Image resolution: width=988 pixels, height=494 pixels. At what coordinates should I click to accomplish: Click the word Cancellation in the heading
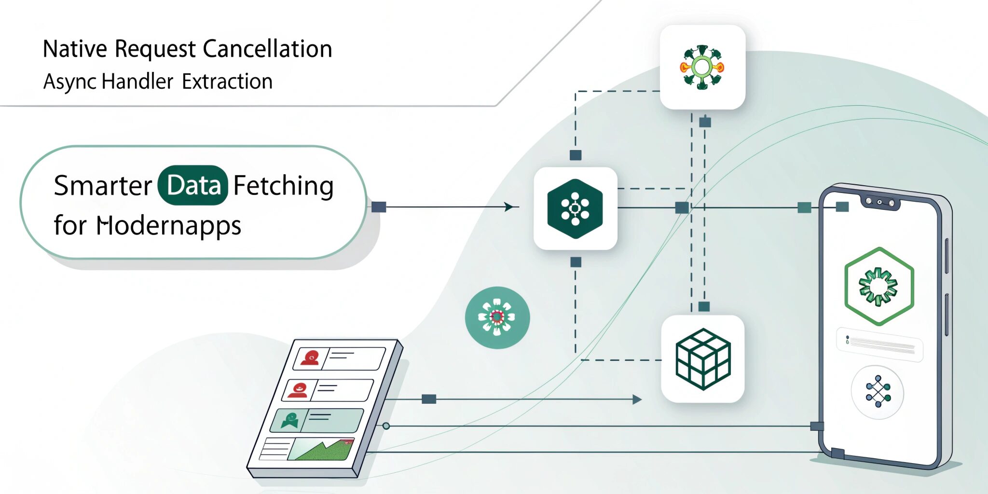[x=267, y=49]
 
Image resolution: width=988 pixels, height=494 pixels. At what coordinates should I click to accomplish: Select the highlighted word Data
[x=193, y=186]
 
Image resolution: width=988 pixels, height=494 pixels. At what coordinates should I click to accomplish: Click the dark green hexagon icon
[x=575, y=208]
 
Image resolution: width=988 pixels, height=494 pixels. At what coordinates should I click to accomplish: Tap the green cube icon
[x=703, y=359]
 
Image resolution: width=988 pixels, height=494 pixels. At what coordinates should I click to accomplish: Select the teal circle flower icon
[x=497, y=317]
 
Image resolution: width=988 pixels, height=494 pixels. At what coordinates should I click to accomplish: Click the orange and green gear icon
[x=702, y=67]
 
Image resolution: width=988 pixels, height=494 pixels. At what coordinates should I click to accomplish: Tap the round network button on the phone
[x=878, y=392]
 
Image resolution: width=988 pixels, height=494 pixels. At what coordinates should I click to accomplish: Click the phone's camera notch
[x=881, y=202]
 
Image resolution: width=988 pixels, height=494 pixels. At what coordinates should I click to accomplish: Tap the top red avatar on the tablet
[x=310, y=358]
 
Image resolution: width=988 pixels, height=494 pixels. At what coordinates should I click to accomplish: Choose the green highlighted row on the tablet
[x=316, y=420]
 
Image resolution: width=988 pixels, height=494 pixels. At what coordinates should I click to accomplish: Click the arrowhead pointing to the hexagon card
[x=508, y=207]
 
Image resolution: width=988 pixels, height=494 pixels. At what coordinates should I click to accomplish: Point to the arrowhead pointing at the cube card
[x=637, y=399]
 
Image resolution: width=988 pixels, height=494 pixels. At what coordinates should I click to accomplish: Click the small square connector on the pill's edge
[x=379, y=207]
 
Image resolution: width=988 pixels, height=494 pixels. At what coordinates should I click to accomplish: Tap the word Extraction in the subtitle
[x=227, y=82]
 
